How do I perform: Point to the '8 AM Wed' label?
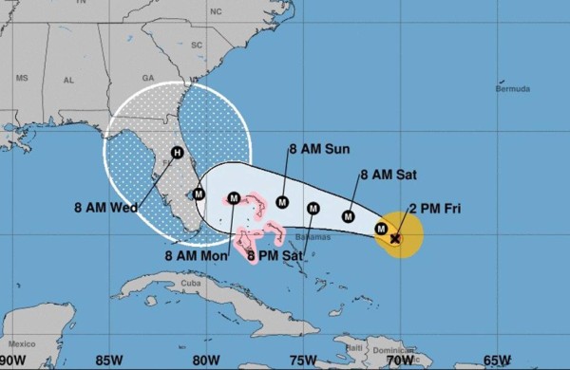105,207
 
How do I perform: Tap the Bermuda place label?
512,89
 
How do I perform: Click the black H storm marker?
177,153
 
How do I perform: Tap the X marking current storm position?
395,239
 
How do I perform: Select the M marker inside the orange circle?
381,229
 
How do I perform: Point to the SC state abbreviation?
198,45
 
